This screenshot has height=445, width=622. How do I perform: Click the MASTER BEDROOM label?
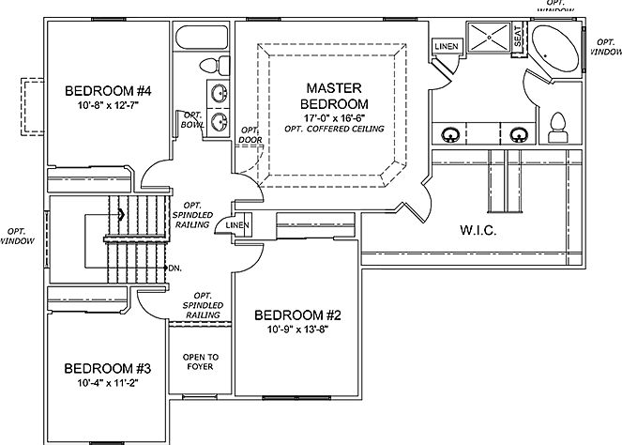[334, 95]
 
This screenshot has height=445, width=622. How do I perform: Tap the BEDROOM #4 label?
[109, 91]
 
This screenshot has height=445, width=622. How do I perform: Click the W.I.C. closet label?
[478, 230]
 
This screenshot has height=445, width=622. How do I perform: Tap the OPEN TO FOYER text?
[201, 361]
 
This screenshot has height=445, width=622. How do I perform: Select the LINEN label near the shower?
[446, 46]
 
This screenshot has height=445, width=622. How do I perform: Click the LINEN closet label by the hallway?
[238, 226]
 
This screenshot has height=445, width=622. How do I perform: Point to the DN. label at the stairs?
[174, 268]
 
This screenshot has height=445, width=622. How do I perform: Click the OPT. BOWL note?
[193, 119]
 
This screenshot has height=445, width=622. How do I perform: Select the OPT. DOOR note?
[250, 135]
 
